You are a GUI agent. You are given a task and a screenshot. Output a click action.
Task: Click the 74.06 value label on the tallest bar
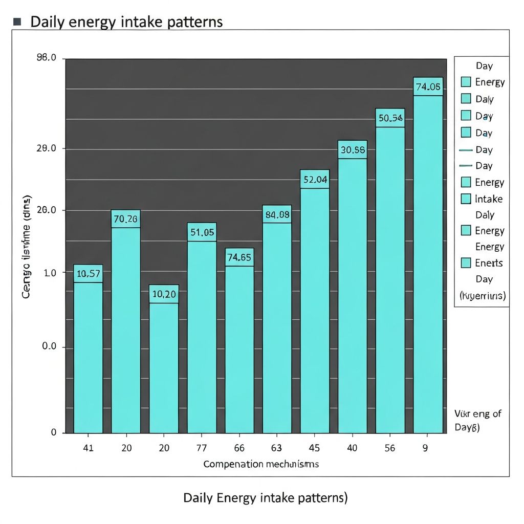click(428, 86)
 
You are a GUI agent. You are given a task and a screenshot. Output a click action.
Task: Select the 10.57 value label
click(88, 274)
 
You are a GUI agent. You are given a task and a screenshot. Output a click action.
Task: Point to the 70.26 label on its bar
click(125, 219)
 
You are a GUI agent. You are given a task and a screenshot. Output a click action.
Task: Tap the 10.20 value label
click(164, 294)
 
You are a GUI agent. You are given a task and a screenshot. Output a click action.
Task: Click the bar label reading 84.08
click(277, 214)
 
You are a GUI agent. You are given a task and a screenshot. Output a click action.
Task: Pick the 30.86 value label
click(352, 150)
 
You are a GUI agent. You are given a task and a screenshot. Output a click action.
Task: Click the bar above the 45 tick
click(315, 307)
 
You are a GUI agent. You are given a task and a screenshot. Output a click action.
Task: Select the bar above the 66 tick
click(239, 348)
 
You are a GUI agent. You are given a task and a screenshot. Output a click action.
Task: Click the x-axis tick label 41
click(88, 448)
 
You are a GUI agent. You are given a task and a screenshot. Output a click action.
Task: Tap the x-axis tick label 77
click(202, 448)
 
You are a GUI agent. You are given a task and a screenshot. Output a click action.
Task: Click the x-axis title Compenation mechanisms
click(261, 464)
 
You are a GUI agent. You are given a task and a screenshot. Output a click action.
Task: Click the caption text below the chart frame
click(265, 497)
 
